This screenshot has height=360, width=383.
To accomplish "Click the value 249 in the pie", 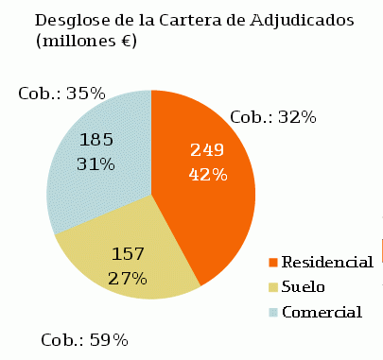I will (x=208, y=150).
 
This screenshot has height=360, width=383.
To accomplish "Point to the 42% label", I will (x=208, y=174).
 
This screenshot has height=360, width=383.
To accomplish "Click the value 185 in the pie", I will (x=96, y=140).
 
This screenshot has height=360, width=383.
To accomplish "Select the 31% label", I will (x=96, y=163).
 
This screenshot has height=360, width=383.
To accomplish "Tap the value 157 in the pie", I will (x=128, y=254).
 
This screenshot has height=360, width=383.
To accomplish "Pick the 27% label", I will (x=128, y=278).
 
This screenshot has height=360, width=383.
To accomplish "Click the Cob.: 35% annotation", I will (x=61, y=94).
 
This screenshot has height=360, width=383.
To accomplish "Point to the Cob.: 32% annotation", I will (x=273, y=117).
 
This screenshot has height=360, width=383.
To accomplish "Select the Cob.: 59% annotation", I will (x=84, y=340).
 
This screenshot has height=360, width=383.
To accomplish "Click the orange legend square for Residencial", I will (x=274, y=262).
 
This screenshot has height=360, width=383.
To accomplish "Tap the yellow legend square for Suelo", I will (x=274, y=286).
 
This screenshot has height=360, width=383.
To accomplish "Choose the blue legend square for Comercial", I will (x=274, y=312).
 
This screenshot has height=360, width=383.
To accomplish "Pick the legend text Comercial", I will (x=322, y=312).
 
